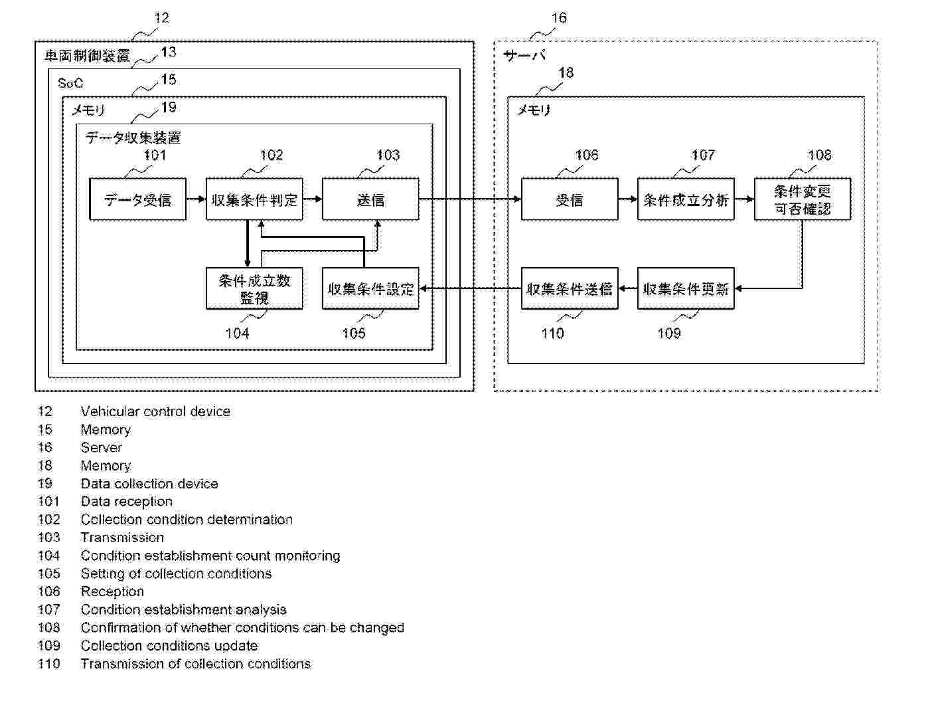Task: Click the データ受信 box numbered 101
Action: click(x=137, y=199)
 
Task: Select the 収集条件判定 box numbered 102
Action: click(x=254, y=199)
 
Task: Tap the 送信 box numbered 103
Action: click(x=370, y=199)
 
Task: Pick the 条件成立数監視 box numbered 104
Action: click(x=254, y=289)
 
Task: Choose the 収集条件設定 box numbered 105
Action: click(x=370, y=289)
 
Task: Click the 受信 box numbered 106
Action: click(x=570, y=199)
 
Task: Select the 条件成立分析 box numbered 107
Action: click(x=686, y=199)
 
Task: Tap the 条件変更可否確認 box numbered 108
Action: click(x=802, y=199)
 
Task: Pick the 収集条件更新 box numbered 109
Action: click(x=686, y=289)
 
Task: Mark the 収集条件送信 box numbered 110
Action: click(x=570, y=289)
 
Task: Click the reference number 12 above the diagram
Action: click(x=161, y=18)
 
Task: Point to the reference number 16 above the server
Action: click(x=560, y=18)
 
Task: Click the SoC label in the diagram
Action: click(x=70, y=83)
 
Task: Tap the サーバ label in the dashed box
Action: click(x=524, y=56)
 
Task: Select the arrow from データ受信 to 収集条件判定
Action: click(x=196, y=199)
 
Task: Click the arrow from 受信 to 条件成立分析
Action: click(x=627, y=199)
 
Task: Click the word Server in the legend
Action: click(x=102, y=447)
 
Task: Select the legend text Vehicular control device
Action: click(x=155, y=411)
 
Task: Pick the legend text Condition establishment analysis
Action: click(x=183, y=609)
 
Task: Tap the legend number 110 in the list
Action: click(x=49, y=663)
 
